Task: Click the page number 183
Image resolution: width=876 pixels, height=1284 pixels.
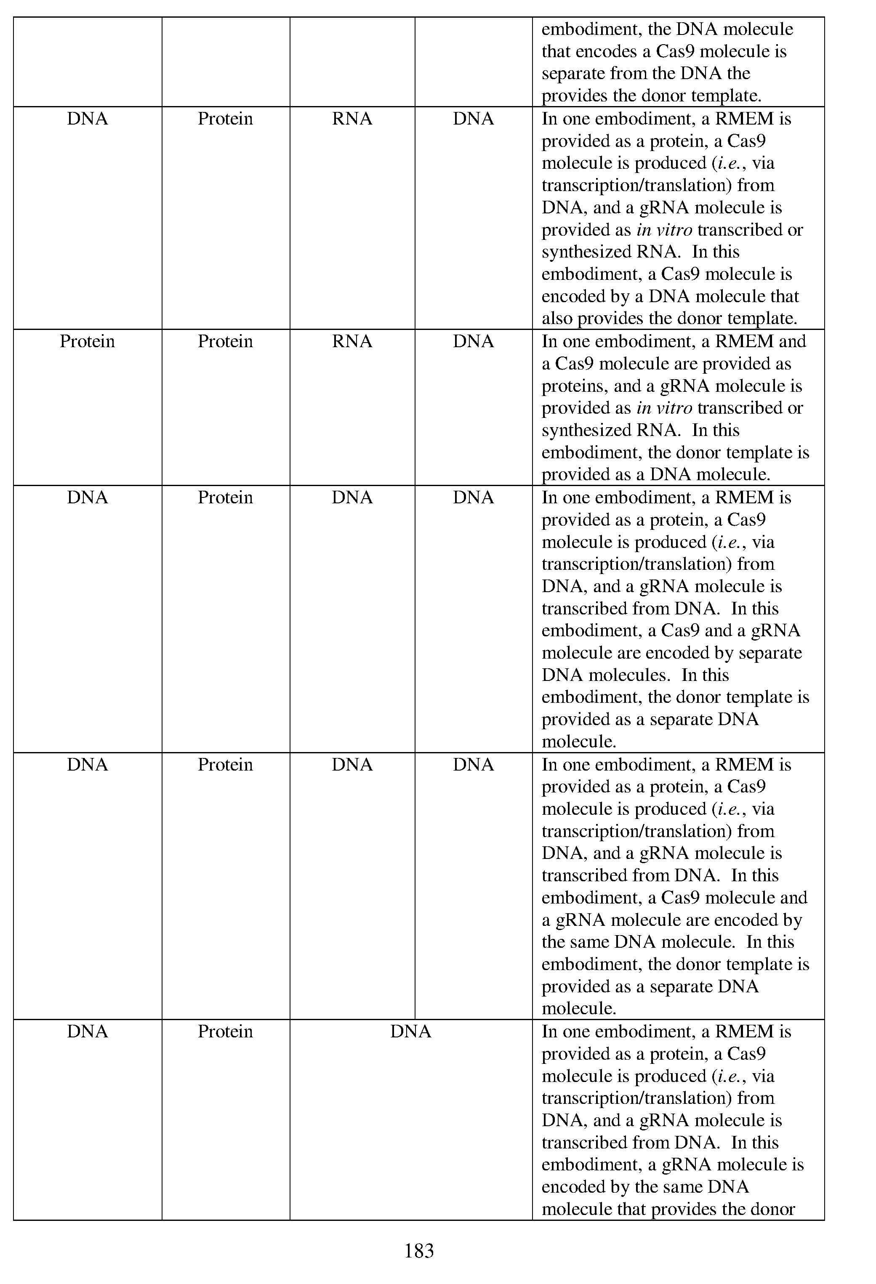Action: pos(419,1250)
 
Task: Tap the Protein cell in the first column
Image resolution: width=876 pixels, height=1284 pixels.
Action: pos(87,341)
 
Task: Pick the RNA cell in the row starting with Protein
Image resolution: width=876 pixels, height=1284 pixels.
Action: pos(352,341)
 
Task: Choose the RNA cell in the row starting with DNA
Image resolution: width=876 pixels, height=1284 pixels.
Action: pos(352,119)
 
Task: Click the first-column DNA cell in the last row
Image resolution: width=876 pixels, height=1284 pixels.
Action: pos(87,1031)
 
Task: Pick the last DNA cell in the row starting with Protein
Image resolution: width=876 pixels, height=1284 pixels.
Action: pos(473,341)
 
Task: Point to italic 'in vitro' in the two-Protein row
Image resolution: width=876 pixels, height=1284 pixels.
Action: pos(664,408)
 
